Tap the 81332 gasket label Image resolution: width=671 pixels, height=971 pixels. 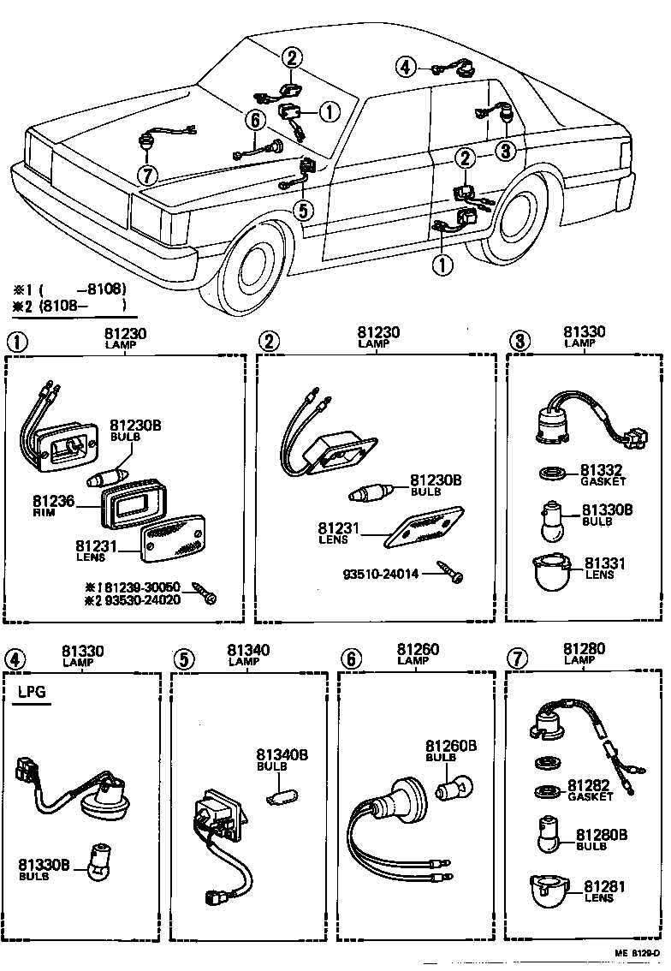click(x=603, y=470)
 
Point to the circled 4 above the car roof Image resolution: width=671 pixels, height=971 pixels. click(x=406, y=67)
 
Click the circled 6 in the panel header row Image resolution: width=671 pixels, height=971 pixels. click(x=349, y=658)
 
